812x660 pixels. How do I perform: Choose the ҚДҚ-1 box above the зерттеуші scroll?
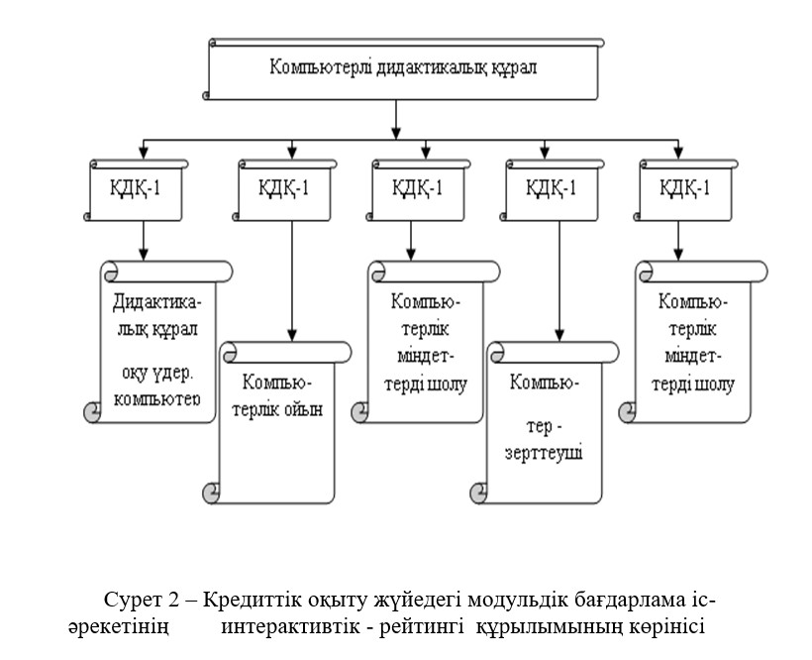tap(551, 187)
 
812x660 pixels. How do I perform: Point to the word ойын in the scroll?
tap(304, 407)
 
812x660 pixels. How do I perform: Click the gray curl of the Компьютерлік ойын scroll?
tap(210, 492)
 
